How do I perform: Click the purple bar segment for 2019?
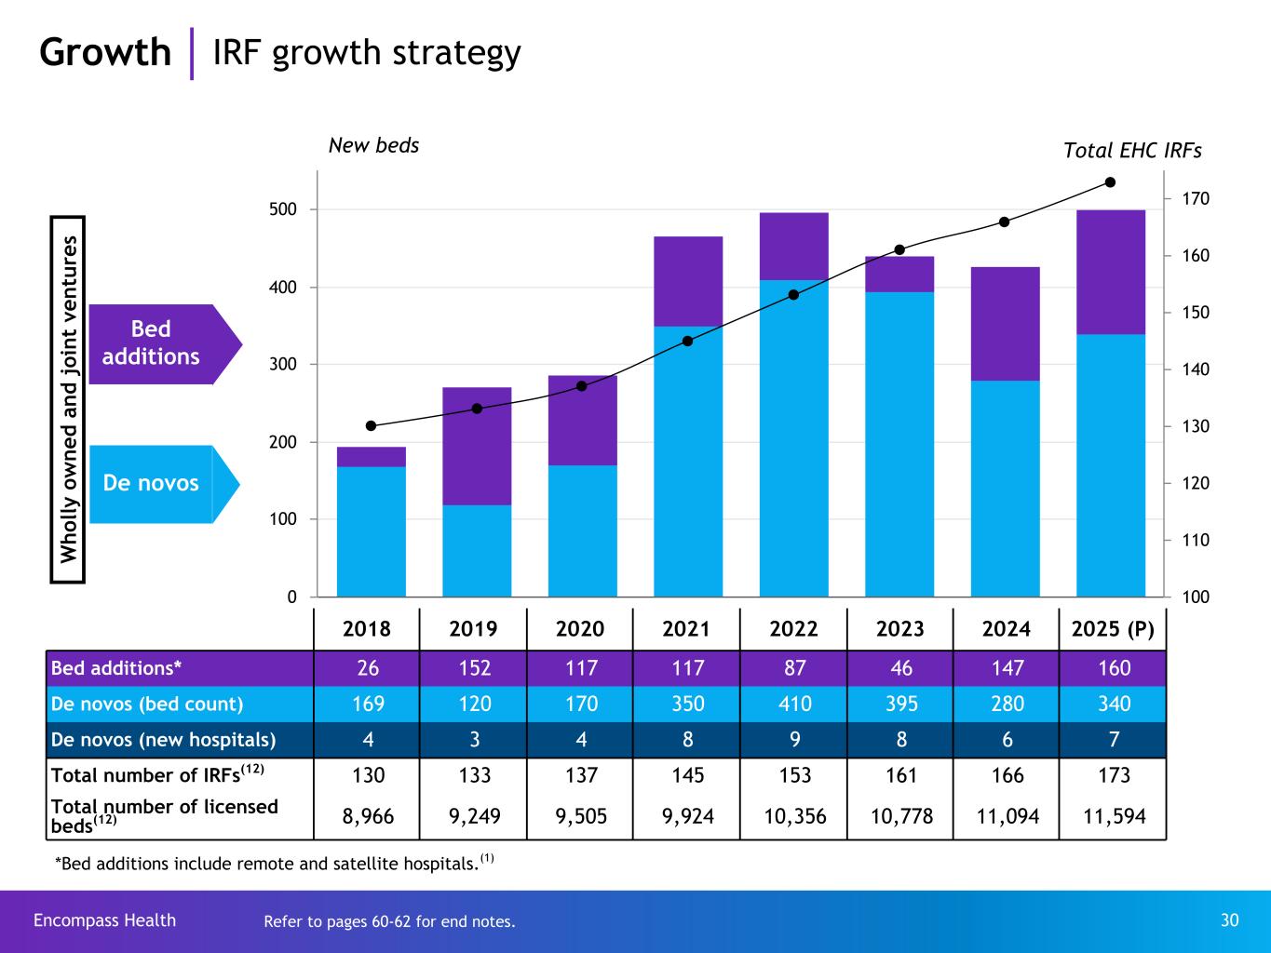coord(477,446)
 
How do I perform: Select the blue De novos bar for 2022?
coord(794,437)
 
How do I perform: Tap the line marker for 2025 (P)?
coord(1110,182)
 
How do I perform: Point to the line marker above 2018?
coord(371,426)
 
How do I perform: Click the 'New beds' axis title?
coord(374,145)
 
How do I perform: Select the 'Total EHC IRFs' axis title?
coord(1132,151)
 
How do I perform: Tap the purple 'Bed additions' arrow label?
coord(152,343)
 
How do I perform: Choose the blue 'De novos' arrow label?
coord(152,483)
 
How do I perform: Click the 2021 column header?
coord(686,629)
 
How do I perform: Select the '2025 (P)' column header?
coord(1114,629)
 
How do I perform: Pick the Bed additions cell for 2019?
coord(474,668)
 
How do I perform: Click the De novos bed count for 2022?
coord(794,704)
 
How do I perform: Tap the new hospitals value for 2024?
coord(1007,740)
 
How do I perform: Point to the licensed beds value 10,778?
coord(901,816)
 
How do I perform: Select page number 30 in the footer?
coord(1229,920)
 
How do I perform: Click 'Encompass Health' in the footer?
coord(104,920)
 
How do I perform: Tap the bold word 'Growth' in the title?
coord(105,52)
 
